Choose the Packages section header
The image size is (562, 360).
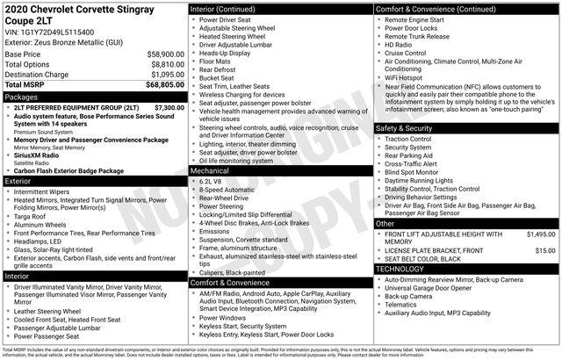pyautogui.click(x=22, y=97)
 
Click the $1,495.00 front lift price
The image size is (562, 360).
pyautogui.click(x=540, y=234)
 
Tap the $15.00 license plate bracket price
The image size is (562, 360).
pyautogui.click(x=544, y=250)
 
